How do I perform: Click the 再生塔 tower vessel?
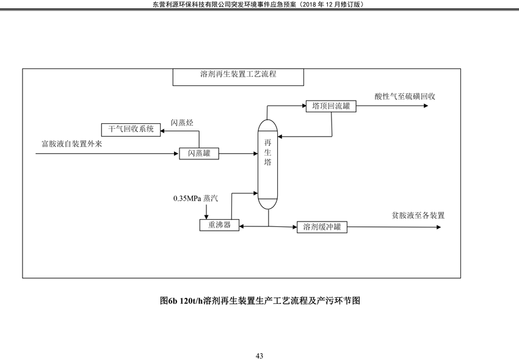coord(268,164)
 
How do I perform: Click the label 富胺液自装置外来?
coord(72,144)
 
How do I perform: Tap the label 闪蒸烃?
coord(182,123)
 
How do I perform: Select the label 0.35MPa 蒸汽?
coord(195,198)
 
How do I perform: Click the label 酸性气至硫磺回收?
coord(405,96)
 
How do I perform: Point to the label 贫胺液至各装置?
coord(418,215)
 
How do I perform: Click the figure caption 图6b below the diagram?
coord(260,300)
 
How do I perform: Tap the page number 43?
coord(259,356)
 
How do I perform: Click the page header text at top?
coord(258,4)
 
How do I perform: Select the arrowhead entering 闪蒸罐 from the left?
coord(176,154)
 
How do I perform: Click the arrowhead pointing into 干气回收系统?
coord(163,131)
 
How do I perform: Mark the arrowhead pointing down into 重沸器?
coord(206,217)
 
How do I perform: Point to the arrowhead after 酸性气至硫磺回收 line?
coord(426,106)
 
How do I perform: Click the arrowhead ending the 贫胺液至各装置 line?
coord(439,227)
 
